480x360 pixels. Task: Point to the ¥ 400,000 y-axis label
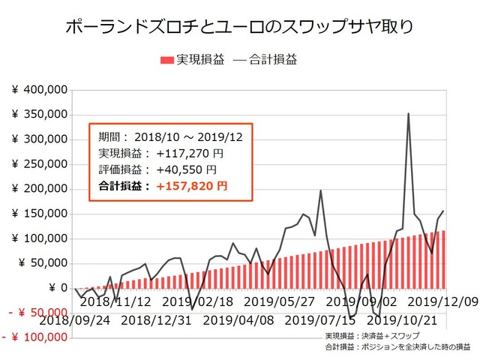pyautogui.click(x=40, y=90)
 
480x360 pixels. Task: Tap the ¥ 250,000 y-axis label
pyautogui.click(x=40, y=164)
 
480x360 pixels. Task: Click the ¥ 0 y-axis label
pyautogui.click(x=55, y=288)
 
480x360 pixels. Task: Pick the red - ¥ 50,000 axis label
pyautogui.click(x=38, y=312)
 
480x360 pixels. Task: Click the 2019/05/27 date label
pyautogui.click(x=279, y=301)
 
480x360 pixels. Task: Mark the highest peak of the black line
pyautogui.click(x=408, y=114)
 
